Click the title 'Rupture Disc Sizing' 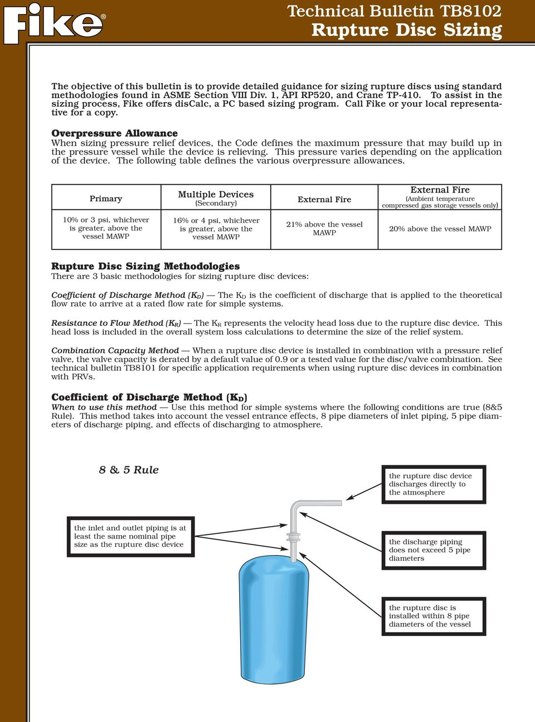click(406, 30)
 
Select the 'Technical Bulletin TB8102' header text click(394, 11)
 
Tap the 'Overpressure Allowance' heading click(114, 133)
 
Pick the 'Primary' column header click(106, 199)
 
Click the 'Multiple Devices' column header click(216, 195)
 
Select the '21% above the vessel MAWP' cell click(324, 228)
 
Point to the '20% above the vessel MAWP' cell click(440, 229)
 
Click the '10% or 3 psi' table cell click(106, 228)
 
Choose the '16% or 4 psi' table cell click(216, 229)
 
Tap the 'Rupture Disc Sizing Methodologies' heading click(145, 266)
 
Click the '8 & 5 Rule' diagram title click(129, 470)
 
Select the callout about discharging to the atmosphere click(434, 484)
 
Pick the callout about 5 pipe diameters click(434, 550)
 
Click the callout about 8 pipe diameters click(434, 616)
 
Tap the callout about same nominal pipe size click(130, 536)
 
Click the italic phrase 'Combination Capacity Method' click(115, 351)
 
